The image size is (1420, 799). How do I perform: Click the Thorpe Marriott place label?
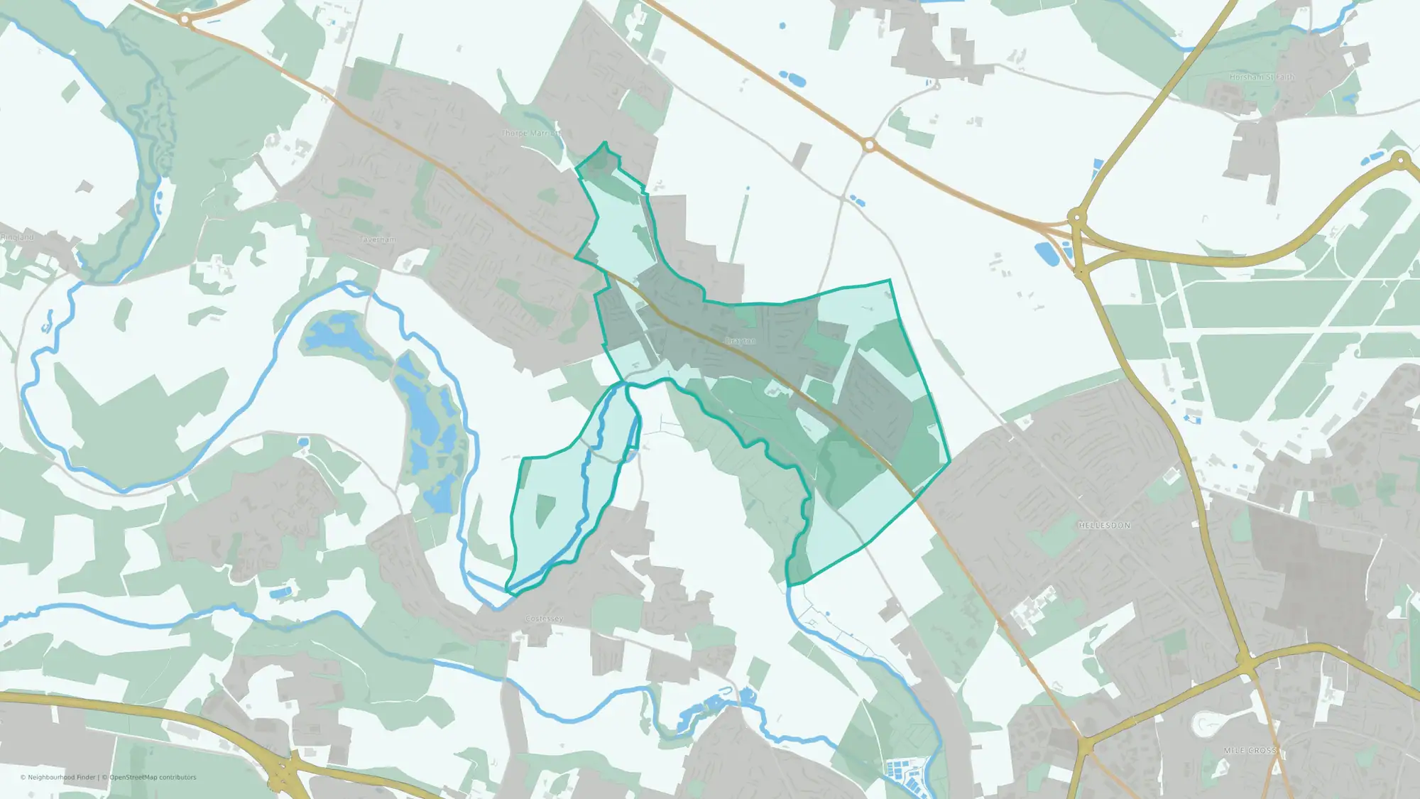click(x=530, y=134)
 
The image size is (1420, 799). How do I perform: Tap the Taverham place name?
click(x=378, y=239)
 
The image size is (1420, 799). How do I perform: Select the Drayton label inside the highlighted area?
click(x=740, y=342)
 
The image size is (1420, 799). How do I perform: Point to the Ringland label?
click(x=17, y=237)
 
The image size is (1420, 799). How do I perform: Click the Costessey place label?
click(x=544, y=619)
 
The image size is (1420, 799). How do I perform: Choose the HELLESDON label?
click(x=1104, y=526)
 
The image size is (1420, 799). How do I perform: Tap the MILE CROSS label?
click(x=1250, y=751)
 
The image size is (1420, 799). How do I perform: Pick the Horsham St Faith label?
click(x=1262, y=77)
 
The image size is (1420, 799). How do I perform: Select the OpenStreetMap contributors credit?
click(x=153, y=778)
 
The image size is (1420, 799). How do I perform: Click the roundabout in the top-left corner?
click(x=185, y=20)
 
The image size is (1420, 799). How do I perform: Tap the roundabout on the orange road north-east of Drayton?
click(x=869, y=146)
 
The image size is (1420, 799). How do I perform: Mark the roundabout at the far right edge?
click(x=1401, y=161)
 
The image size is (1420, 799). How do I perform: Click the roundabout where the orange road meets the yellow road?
click(x=1077, y=217)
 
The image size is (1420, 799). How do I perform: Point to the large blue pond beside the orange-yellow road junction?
click(x=1046, y=253)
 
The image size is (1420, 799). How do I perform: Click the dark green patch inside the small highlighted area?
click(x=545, y=509)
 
